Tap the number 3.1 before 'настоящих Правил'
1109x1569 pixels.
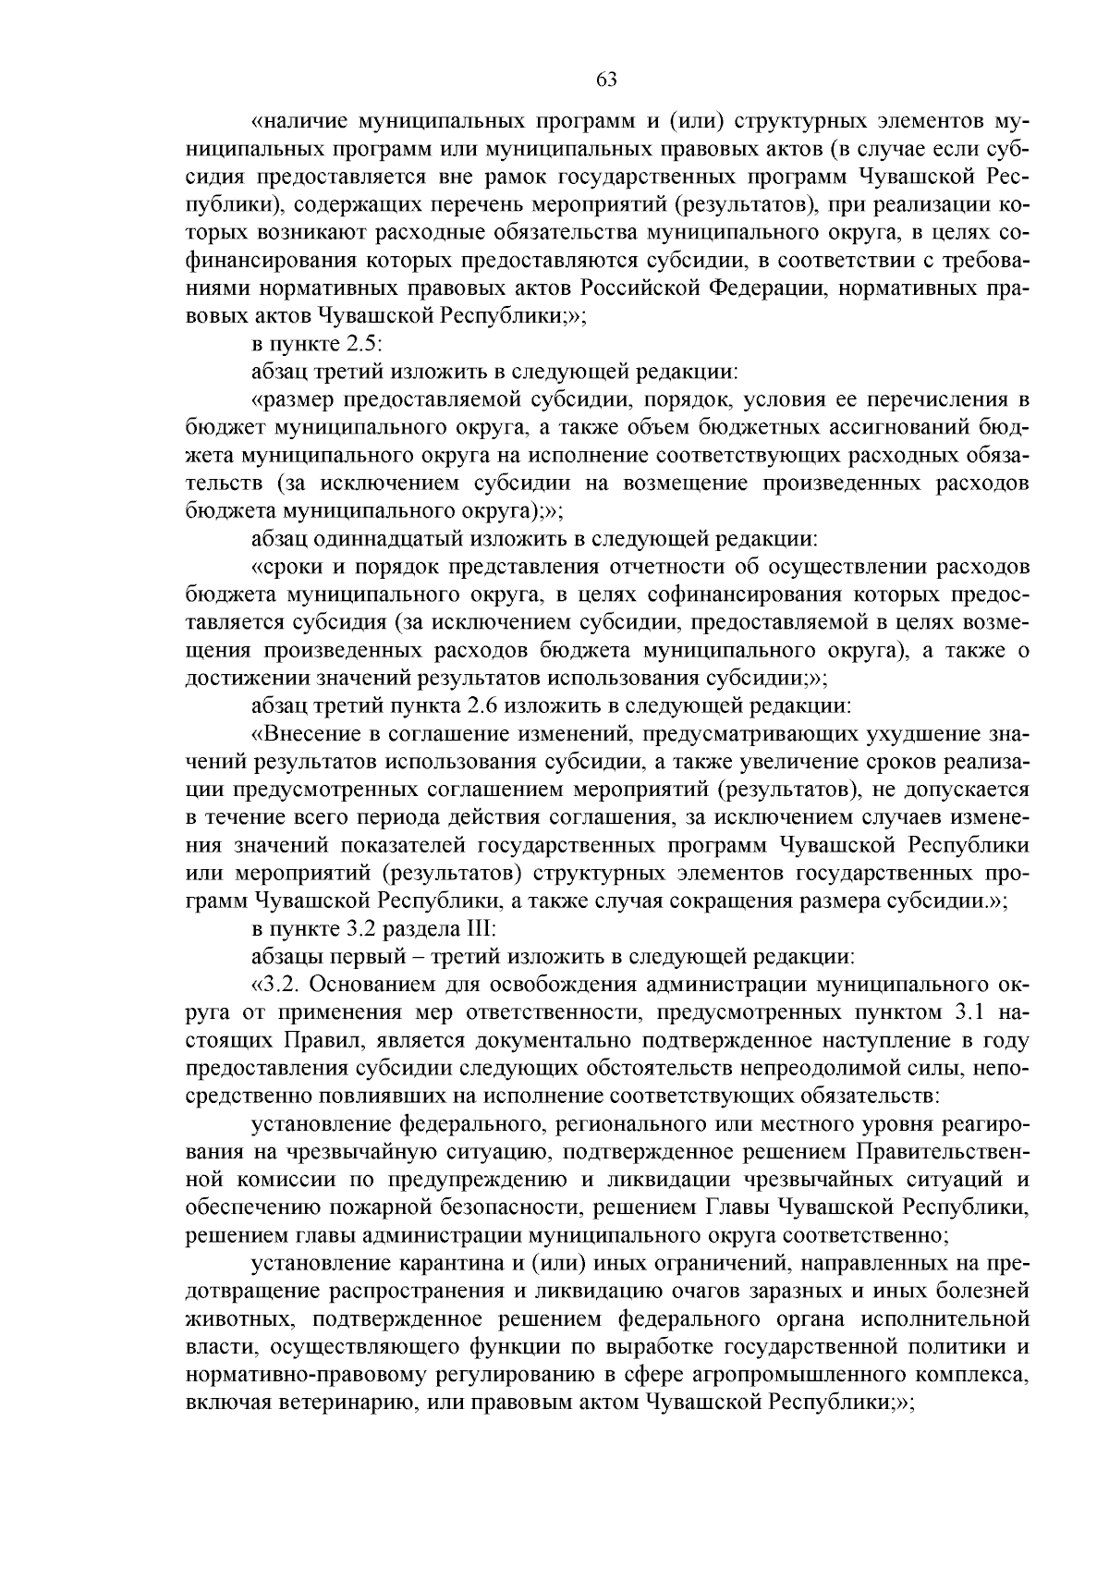click(968, 1011)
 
